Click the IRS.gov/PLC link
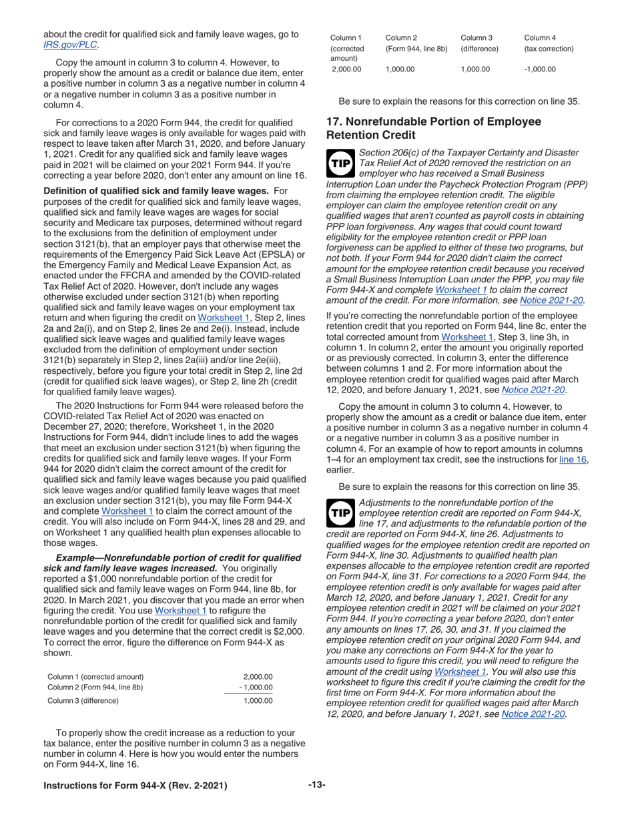pyautogui.click(x=70, y=45)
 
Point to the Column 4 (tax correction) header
pyautogui.click(x=548, y=43)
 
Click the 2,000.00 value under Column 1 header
pyautogui.click(x=346, y=69)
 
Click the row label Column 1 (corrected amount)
pyautogui.click(x=94, y=676)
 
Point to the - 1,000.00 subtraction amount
pyautogui.click(x=256, y=688)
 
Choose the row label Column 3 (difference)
pyautogui.click(x=82, y=701)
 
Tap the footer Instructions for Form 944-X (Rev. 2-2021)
pyautogui.click(x=135, y=786)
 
